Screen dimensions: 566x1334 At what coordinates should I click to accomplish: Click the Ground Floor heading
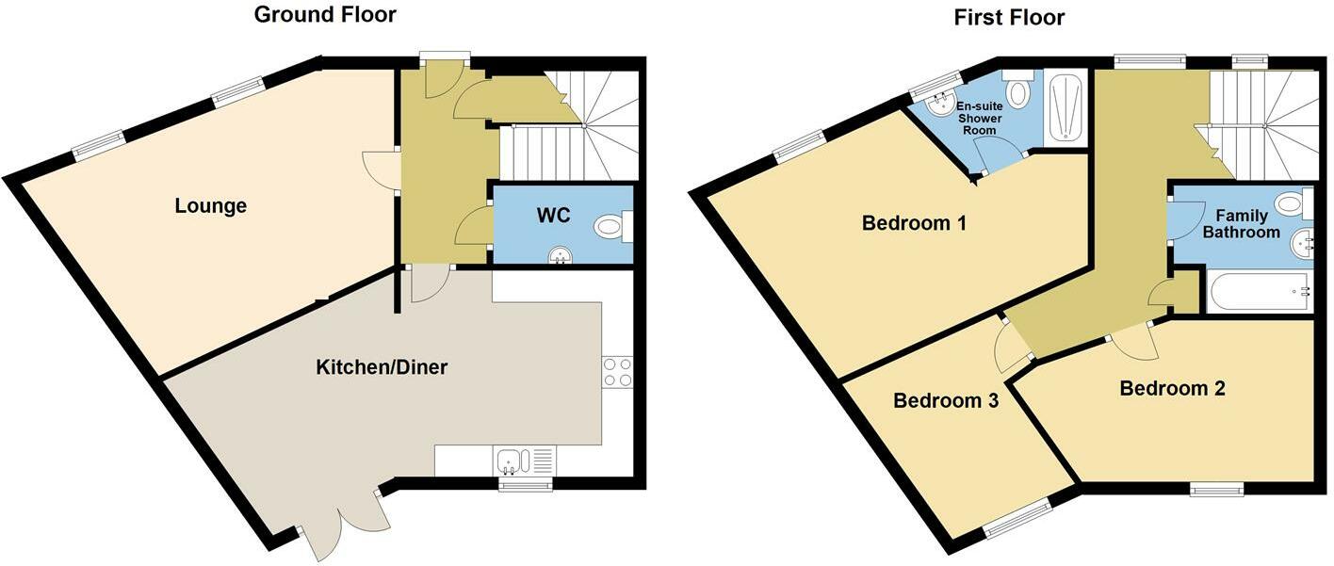[325, 15]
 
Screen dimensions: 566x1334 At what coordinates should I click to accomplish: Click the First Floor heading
[1009, 17]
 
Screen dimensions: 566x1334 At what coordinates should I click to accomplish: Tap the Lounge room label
[210, 205]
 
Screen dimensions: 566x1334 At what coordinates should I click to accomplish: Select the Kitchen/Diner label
[381, 367]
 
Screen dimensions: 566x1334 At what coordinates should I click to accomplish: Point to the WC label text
[553, 215]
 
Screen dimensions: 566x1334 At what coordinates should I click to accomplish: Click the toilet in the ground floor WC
[613, 226]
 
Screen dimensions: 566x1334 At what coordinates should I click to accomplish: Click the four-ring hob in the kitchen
[617, 371]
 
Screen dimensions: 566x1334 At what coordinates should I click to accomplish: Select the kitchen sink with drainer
[524, 461]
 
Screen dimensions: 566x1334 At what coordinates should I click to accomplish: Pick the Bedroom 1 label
[914, 224]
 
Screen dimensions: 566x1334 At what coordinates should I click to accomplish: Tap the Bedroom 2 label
[1172, 388]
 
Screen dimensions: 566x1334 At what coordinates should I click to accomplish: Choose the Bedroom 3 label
[945, 400]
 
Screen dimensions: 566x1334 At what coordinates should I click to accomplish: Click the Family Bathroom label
[1241, 223]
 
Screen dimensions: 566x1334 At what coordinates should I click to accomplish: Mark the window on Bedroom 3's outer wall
[1017, 519]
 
